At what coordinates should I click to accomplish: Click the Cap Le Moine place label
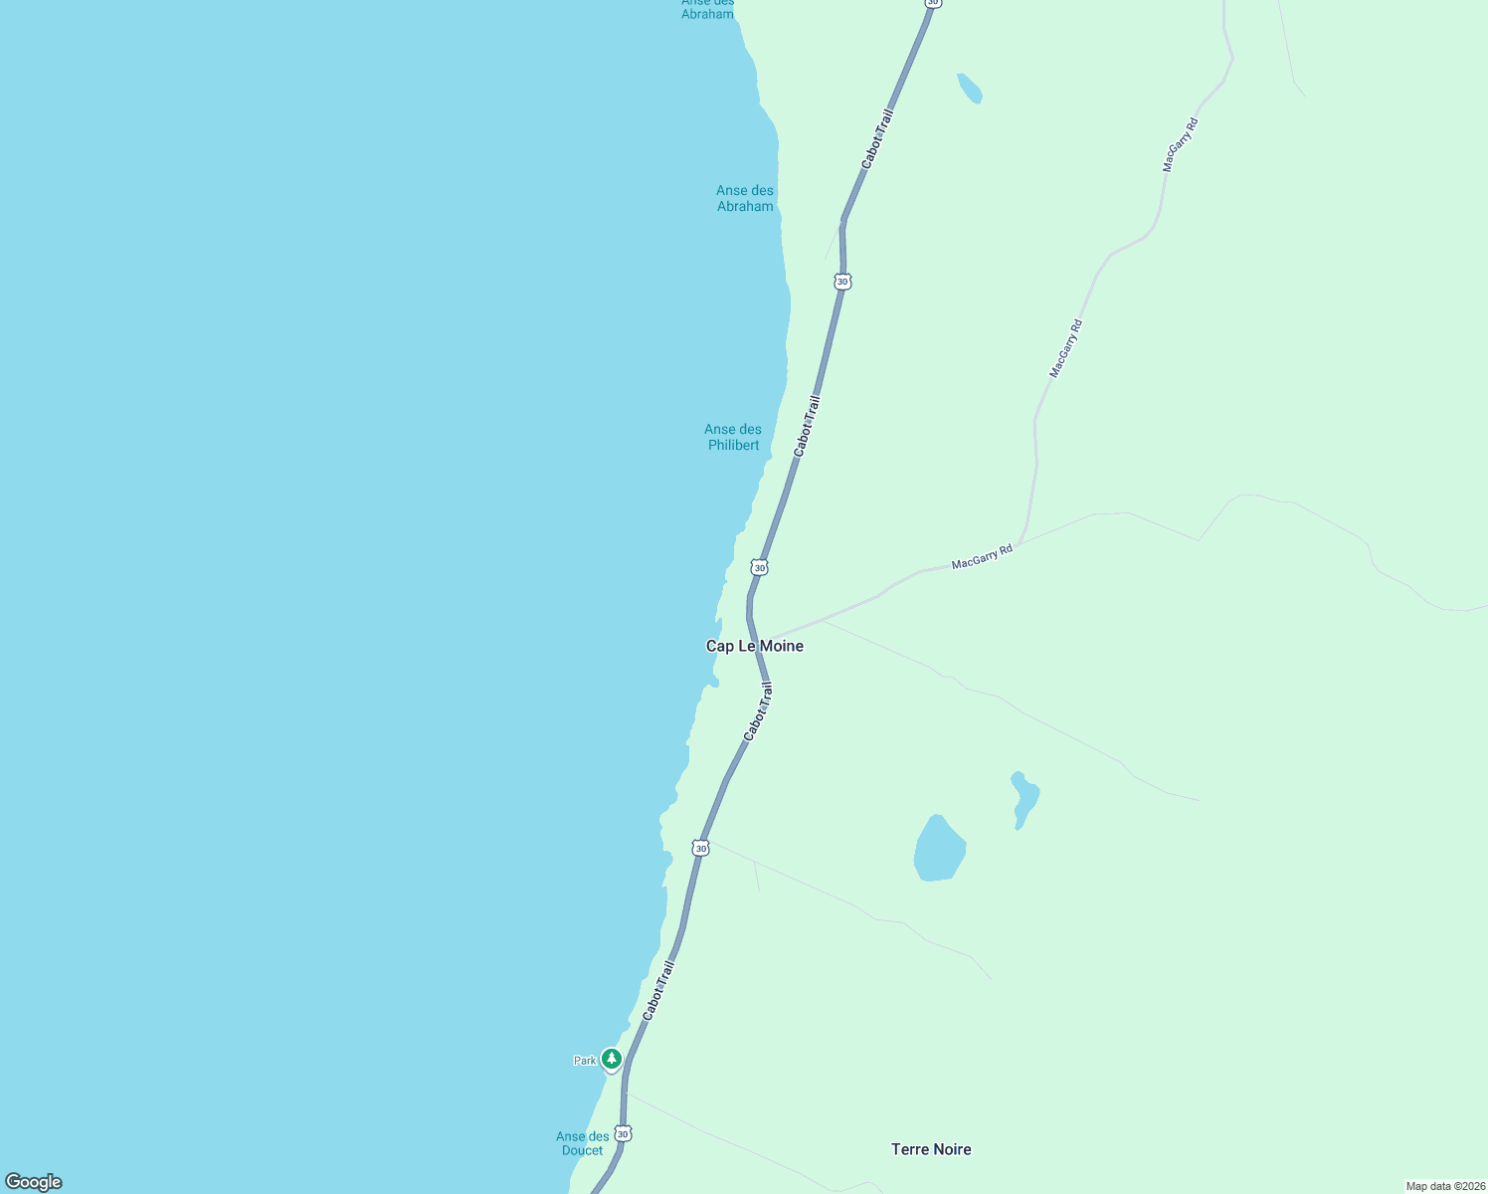(x=754, y=647)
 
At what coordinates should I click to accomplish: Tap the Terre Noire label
(x=931, y=1149)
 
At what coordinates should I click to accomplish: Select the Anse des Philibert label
(x=733, y=438)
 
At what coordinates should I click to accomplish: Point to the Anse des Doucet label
(x=583, y=1143)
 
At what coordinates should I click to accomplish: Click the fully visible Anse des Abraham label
(x=745, y=198)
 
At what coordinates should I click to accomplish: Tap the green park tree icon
(x=612, y=1059)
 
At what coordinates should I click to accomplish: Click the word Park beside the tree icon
(x=585, y=1061)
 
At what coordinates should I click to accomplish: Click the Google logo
(x=34, y=1182)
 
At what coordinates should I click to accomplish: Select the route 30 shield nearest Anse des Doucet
(x=623, y=1133)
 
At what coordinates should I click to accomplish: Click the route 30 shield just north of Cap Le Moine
(x=760, y=567)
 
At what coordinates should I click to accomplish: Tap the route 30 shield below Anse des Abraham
(x=842, y=282)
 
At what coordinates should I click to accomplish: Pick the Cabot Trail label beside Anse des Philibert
(x=807, y=427)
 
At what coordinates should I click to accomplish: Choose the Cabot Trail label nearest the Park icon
(x=658, y=990)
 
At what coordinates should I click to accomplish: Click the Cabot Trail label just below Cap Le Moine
(x=758, y=710)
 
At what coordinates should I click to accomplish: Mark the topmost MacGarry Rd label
(x=1181, y=145)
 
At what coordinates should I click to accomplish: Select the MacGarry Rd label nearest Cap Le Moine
(x=982, y=557)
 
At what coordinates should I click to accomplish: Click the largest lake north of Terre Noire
(x=938, y=850)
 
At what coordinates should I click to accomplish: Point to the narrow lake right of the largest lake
(x=1023, y=799)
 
